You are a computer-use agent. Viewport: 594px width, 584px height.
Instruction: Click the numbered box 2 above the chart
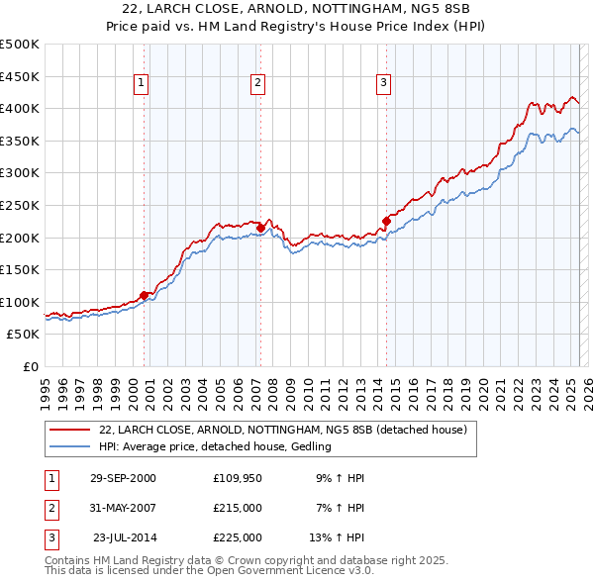[256, 84]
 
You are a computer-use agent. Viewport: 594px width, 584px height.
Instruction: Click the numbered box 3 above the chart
[382, 84]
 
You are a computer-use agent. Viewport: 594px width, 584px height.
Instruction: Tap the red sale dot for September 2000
[145, 295]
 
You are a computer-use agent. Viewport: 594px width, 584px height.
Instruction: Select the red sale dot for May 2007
[260, 228]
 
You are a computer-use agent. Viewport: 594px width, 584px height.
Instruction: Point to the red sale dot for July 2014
[386, 221]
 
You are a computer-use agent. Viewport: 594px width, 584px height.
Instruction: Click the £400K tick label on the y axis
[21, 108]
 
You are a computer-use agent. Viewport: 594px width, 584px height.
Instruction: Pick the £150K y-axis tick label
[21, 269]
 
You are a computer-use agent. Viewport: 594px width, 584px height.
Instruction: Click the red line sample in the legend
[69, 431]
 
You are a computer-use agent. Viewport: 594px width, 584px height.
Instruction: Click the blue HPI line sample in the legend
[69, 447]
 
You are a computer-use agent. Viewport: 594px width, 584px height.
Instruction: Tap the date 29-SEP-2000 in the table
[123, 478]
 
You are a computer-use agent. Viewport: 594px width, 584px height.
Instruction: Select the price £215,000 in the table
[238, 508]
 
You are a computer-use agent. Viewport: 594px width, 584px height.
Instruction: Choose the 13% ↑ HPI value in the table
[337, 537]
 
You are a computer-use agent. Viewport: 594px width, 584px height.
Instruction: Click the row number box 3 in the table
[50, 537]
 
